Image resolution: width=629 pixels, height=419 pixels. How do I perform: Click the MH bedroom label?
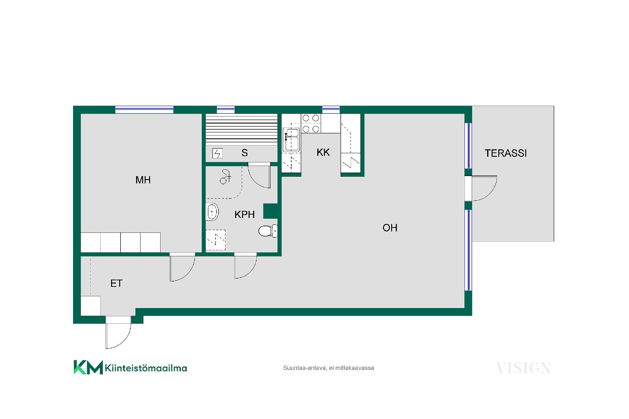(x=143, y=180)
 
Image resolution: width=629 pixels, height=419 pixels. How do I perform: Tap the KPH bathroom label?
(x=244, y=214)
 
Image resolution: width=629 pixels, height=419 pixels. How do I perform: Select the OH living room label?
(x=390, y=228)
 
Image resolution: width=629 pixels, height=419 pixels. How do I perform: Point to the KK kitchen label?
(x=323, y=152)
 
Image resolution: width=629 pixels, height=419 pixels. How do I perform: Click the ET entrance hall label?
(x=116, y=283)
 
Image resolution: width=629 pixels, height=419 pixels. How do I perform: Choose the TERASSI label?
(x=505, y=153)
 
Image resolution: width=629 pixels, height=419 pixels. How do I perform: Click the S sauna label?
(x=244, y=153)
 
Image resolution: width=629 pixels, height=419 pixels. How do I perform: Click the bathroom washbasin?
(x=212, y=211)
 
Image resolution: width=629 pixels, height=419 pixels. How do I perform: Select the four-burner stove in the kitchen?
(x=311, y=123)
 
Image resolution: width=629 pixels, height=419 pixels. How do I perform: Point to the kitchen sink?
(x=291, y=139)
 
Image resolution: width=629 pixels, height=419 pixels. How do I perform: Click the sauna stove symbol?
(x=218, y=153)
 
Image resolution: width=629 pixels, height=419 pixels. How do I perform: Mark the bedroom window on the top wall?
(x=144, y=110)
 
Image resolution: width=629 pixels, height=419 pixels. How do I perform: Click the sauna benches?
(x=241, y=129)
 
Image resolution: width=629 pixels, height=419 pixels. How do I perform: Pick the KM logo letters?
(x=88, y=367)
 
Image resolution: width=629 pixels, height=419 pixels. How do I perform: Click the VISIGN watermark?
(x=523, y=368)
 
